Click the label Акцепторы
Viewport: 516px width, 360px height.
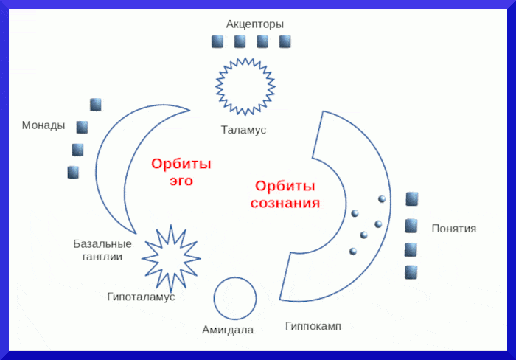(x=254, y=24)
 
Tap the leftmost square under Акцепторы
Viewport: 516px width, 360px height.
(x=217, y=42)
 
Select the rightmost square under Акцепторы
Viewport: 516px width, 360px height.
(x=285, y=42)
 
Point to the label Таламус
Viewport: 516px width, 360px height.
(x=243, y=130)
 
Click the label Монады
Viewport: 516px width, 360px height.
(x=43, y=125)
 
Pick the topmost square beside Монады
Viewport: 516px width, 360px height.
(x=95, y=105)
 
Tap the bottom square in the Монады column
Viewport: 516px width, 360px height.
(x=73, y=173)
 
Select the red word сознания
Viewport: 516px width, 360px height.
(x=285, y=203)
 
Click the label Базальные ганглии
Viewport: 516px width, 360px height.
(x=102, y=250)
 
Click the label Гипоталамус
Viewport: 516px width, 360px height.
(x=141, y=297)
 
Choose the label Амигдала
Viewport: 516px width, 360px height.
(x=228, y=330)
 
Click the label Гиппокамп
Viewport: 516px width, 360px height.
(x=313, y=325)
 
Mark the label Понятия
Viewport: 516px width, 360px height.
(x=454, y=229)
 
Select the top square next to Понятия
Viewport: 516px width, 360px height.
(x=412, y=199)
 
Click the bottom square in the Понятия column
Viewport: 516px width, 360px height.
(x=411, y=272)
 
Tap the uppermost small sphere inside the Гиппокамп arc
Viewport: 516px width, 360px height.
(x=382, y=198)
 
